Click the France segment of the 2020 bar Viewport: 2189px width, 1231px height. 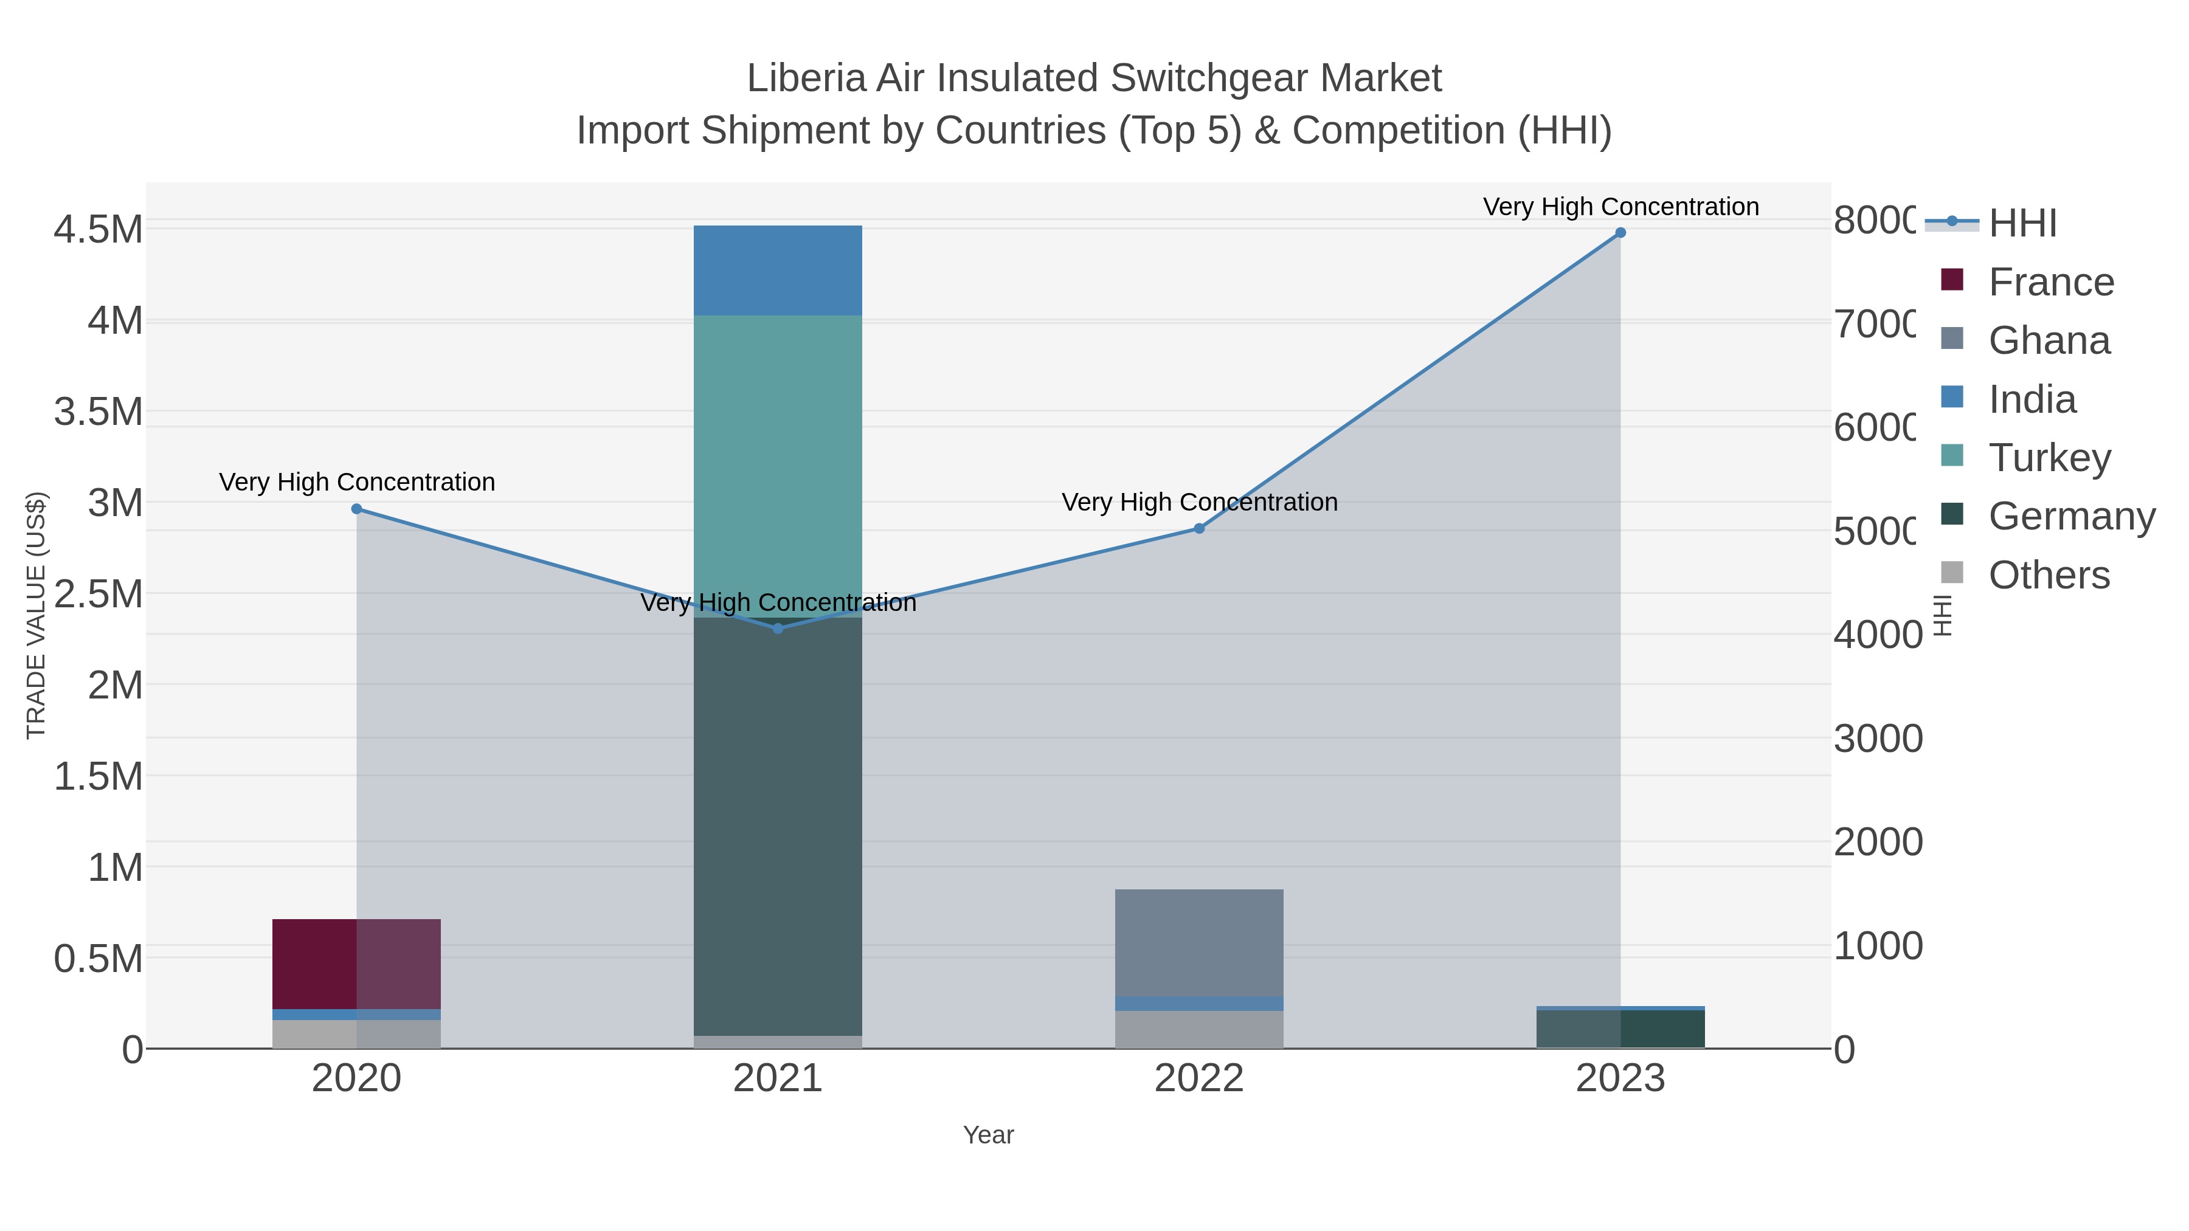coord(356,964)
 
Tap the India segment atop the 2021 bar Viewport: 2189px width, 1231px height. coord(778,270)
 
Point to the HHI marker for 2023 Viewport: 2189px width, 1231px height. coord(1620,233)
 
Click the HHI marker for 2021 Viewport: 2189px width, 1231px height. coord(778,629)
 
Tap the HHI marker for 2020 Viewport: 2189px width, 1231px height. coord(356,509)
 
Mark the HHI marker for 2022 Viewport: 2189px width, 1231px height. coord(1199,528)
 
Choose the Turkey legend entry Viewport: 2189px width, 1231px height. coord(2049,458)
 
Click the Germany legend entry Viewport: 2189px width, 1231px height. coord(2071,517)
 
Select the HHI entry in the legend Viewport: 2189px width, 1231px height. coord(2022,224)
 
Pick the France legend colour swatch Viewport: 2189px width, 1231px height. coord(1952,280)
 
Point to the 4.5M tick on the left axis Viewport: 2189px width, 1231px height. coord(99,229)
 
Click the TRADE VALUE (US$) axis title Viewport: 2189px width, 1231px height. coord(36,615)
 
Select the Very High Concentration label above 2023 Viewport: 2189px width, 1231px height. coord(1620,207)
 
